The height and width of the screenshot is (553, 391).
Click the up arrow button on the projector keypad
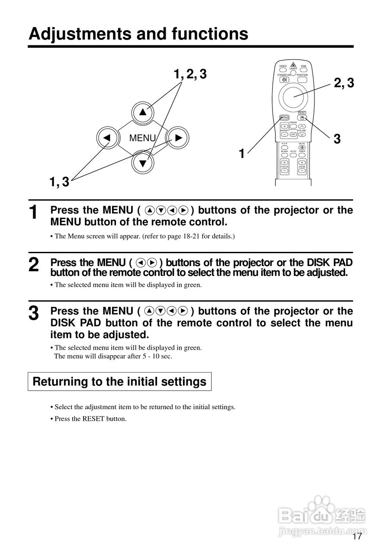143,113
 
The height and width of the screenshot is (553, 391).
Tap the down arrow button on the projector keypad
143,162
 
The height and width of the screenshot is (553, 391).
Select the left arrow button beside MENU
106,138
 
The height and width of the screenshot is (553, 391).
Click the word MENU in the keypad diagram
142,138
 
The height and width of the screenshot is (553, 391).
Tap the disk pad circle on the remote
294,95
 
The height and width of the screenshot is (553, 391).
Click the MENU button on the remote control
284,118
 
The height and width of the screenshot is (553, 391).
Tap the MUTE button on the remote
302,147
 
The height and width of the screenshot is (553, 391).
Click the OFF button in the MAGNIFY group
293,134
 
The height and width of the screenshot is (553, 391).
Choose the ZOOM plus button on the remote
302,162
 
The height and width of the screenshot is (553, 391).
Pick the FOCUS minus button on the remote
285,170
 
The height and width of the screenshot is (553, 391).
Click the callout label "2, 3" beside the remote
344,83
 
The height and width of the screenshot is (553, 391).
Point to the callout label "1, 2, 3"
190,74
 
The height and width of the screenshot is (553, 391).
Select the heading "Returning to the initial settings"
119,382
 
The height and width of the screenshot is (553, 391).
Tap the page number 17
357,537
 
